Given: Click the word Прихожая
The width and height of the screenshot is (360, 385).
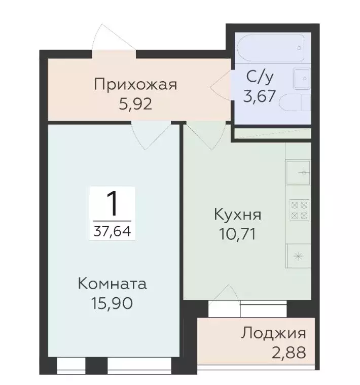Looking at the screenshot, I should (x=135, y=84).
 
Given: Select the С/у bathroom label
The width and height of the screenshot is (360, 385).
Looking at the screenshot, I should (x=261, y=77).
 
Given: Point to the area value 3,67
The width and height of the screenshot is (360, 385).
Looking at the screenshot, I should (x=260, y=96).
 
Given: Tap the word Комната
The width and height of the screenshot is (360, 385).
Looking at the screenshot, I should (x=113, y=284).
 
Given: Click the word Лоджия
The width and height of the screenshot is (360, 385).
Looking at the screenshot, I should (x=274, y=333).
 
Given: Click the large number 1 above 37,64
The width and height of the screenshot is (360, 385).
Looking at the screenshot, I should (x=113, y=204).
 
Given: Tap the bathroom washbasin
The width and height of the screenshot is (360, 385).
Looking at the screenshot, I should (x=302, y=78).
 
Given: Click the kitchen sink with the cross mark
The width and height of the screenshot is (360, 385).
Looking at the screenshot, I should (x=299, y=172).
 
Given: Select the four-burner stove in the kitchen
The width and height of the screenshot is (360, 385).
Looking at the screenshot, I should (x=299, y=209).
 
